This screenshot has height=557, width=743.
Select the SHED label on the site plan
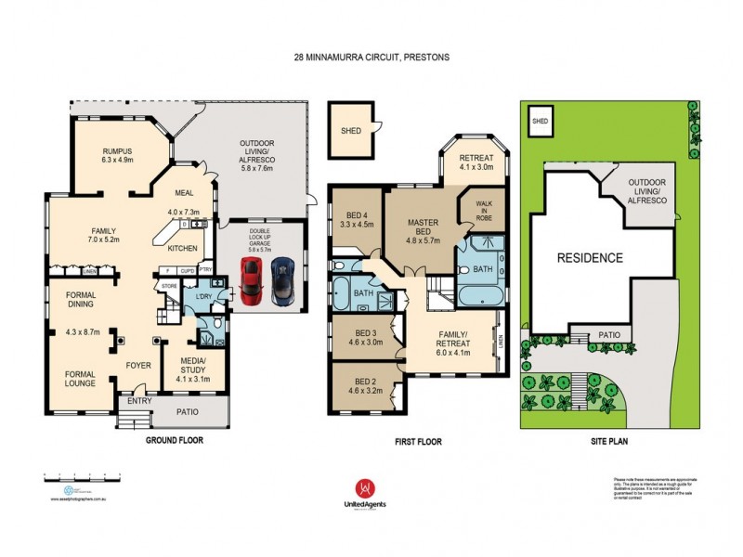point(539,122)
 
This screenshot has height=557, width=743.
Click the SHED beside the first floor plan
point(351,131)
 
